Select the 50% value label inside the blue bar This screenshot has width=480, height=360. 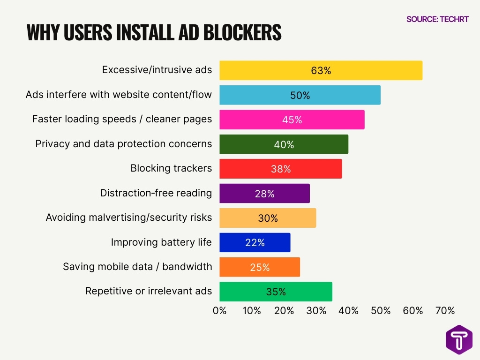tap(300, 95)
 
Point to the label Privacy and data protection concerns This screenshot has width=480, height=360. tap(124, 144)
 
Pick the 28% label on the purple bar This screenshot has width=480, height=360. tap(264, 194)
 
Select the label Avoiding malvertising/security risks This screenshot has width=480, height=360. tap(129, 217)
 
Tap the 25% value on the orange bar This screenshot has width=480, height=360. tap(260, 267)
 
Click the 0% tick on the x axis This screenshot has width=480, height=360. tap(219, 311)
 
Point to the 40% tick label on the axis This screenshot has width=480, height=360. tap(348, 311)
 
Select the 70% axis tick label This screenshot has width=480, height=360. tap(445, 311)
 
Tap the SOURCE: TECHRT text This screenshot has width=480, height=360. tap(437, 19)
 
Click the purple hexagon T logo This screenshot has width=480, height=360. tap(459, 339)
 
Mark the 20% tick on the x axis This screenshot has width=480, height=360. tap(284, 311)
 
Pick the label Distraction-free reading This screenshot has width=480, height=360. tap(156, 193)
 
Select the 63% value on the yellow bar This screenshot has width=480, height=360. tap(321, 71)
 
